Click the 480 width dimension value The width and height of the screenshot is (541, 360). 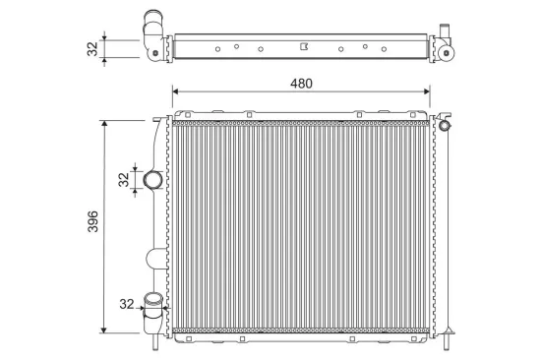point(301,83)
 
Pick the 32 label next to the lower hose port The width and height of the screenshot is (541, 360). point(125,305)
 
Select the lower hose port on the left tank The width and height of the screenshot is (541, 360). point(154,304)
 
